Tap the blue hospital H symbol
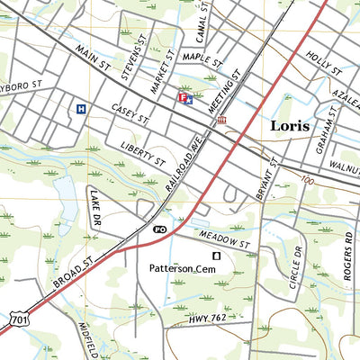click(x=81, y=109)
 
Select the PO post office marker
click(x=160, y=230)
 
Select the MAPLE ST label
click(x=202, y=58)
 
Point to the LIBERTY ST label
click(x=142, y=153)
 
